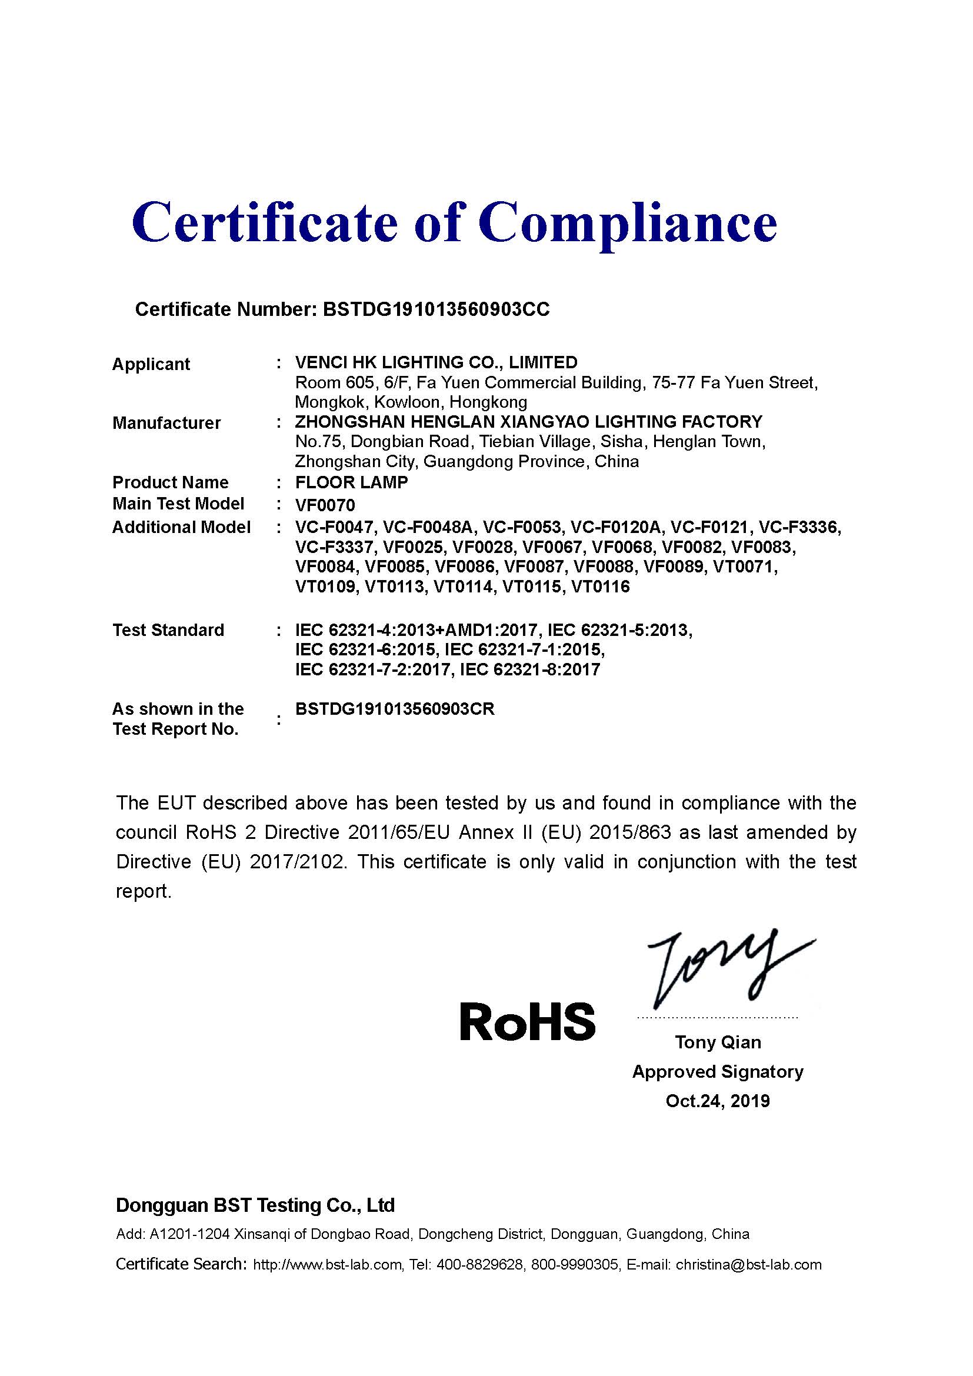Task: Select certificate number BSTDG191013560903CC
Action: point(435,309)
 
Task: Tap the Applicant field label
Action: point(151,364)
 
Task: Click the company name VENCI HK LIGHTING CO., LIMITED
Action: point(436,362)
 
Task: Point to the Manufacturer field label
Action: point(166,423)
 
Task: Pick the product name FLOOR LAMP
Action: point(352,482)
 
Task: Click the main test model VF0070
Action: point(325,505)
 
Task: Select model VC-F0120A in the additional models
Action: point(615,527)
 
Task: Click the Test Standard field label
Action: point(168,631)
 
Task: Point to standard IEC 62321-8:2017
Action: point(529,669)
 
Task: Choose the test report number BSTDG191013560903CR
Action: point(395,709)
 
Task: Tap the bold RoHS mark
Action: point(527,1022)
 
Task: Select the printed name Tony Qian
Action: point(718,1042)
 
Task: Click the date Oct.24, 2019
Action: point(718,1101)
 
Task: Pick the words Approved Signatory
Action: point(718,1071)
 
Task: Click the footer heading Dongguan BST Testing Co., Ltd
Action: point(255,1205)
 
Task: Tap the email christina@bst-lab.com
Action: point(748,1265)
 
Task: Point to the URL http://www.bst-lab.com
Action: point(328,1265)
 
